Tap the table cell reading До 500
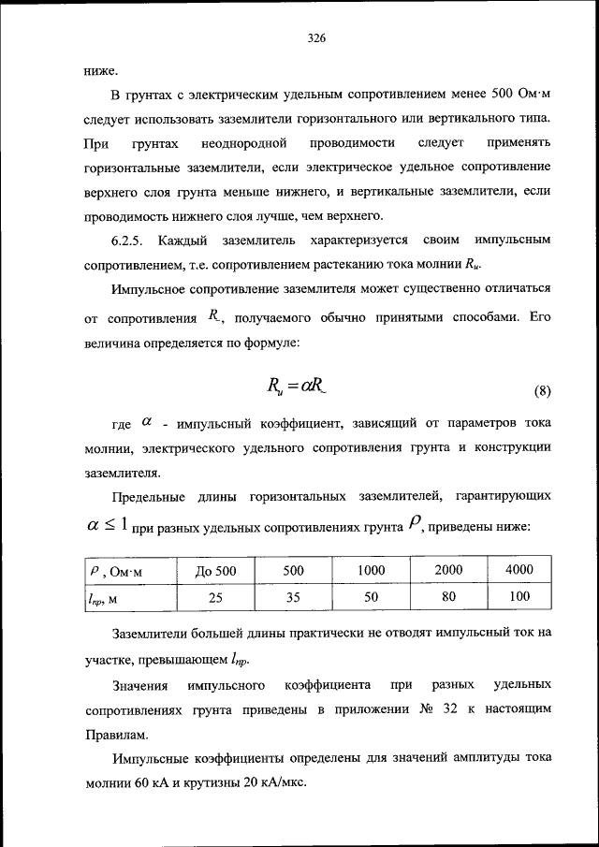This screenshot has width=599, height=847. click(216, 570)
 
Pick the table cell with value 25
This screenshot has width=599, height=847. click(216, 596)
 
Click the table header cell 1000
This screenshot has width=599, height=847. click(372, 570)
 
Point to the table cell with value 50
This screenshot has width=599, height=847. click(372, 596)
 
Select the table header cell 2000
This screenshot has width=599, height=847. click(448, 570)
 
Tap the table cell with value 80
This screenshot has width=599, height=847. click(448, 596)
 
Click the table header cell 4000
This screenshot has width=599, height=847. click(519, 570)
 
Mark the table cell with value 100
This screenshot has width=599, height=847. click(519, 596)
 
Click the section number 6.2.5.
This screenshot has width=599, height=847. click(127, 241)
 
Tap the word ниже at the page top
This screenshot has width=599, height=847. click(98, 70)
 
